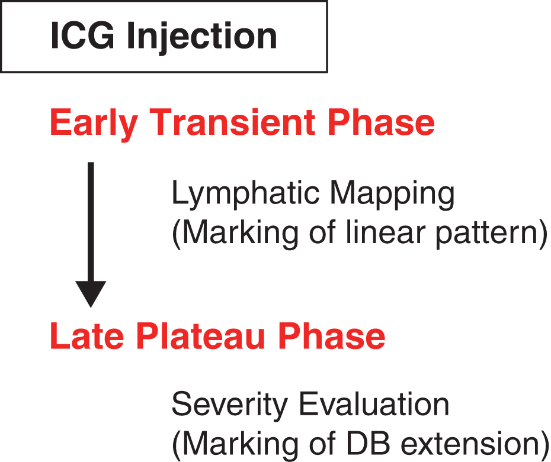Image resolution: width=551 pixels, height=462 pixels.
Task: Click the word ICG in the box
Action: tap(82, 35)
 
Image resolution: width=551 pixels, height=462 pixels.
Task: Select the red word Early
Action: tap(94, 124)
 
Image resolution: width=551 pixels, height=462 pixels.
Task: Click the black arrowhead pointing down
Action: tap(91, 294)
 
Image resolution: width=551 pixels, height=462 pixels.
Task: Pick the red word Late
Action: tap(87, 335)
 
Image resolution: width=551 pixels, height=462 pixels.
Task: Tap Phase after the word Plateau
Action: tap(331, 335)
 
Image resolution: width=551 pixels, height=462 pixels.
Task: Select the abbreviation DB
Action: tap(368, 444)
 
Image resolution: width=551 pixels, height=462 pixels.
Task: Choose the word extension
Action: tap(469, 444)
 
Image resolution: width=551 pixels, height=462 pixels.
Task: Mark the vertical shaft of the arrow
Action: tap(91, 222)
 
